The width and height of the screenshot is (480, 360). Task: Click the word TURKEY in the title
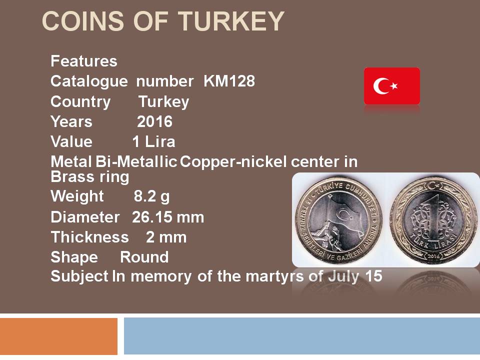(x=231, y=21)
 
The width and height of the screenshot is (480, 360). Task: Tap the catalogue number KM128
(x=229, y=81)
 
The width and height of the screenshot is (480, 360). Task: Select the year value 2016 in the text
(x=154, y=121)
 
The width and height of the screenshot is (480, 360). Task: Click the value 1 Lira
(x=153, y=141)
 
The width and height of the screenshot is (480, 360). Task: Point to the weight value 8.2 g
(x=151, y=197)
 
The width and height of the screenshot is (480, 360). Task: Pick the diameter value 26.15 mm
(x=168, y=217)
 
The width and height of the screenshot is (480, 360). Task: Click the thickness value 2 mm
(x=166, y=237)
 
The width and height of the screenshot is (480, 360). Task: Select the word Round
(x=144, y=257)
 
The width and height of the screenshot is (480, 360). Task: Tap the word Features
(x=84, y=61)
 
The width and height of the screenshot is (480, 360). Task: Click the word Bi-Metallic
(x=136, y=161)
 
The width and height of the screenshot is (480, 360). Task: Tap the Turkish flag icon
(x=392, y=86)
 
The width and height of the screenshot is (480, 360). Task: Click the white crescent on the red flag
(x=378, y=86)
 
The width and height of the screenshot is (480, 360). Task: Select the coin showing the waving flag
(x=338, y=220)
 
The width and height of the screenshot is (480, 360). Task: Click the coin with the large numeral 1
(x=433, y=220)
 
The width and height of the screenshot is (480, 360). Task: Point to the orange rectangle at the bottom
(x=59, y=336)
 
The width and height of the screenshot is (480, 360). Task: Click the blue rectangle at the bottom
(x=302, y=336)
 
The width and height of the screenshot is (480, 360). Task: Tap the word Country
(x=80, y=102)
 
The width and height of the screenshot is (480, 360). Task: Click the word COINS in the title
(x=83, y=21)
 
